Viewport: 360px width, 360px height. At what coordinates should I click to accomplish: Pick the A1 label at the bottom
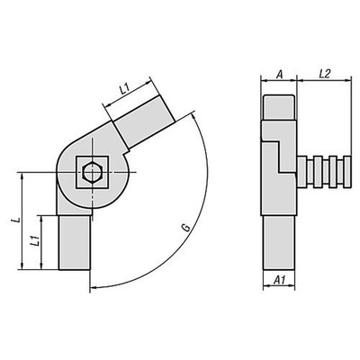point(280,281)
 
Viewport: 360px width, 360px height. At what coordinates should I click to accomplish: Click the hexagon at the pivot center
point(89,171)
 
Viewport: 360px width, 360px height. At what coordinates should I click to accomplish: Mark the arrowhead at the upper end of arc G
point(193,117)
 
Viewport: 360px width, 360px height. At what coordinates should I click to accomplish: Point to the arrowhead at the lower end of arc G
point(91,287)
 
